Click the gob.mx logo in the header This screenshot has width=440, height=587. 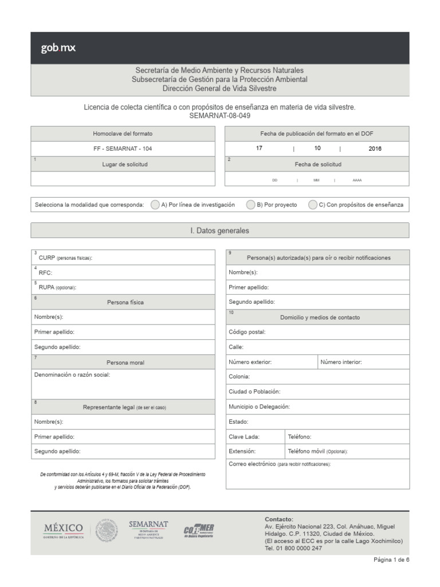click(x=58, y=48)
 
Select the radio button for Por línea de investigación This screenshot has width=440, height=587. click(x=155, y=205)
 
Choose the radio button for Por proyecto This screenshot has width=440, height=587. click(x=251, y=205)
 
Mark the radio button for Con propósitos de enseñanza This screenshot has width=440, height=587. click(x=313, y=205)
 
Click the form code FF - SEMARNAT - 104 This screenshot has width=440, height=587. click(x=123, y=148)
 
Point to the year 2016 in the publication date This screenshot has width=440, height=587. click(x=375, y=148)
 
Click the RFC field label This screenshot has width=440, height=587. click(x=45, y=273)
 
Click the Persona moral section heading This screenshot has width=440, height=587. click(x=125, y=362)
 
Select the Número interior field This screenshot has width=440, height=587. click(x=363, y=362)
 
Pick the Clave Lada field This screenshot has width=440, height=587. click(x=254, y=437)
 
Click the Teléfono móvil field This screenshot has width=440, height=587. click(x=347, y=452)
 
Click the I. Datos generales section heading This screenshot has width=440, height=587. click(x=219, y=230)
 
